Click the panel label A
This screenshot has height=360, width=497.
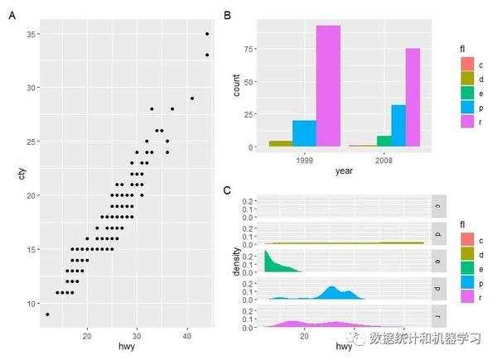click(12, 15)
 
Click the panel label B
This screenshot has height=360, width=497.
click(229, 15)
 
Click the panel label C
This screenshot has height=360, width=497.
click(229, 191)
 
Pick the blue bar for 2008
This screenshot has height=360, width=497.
click(398, 126)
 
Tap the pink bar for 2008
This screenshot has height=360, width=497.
click(413, 98)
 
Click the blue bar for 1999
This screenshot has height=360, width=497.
click(304, 133)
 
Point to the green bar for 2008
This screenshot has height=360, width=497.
click(384, 142)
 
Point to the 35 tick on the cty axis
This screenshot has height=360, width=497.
click(31, 34)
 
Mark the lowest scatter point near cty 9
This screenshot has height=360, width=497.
click(48, 314)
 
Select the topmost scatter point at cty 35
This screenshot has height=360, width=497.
click(207, 34)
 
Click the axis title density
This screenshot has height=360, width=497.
click(236, 261)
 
